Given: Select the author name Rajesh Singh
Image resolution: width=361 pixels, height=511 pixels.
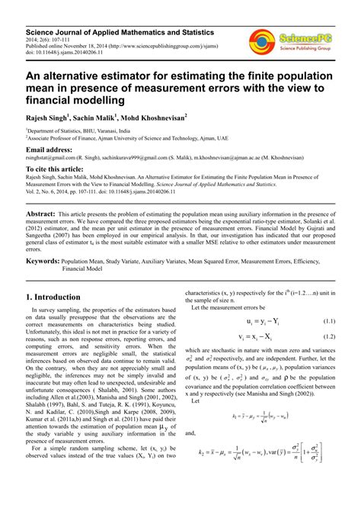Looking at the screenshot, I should coord(46,119).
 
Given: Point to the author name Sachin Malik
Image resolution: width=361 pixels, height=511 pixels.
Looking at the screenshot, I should coord(101,119).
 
